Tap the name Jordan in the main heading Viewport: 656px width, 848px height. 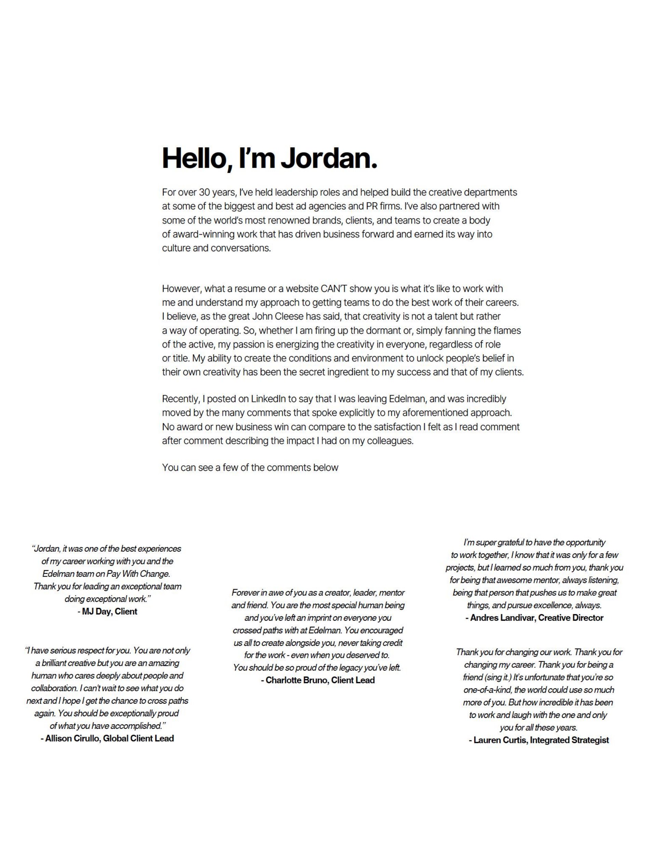pos(328,158)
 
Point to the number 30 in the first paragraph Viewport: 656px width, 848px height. pos(204,192)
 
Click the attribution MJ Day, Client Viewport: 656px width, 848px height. pos(107,611)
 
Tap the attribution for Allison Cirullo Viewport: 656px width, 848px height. pos(107,738)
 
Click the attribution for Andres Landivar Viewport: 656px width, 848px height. pos(534,618)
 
